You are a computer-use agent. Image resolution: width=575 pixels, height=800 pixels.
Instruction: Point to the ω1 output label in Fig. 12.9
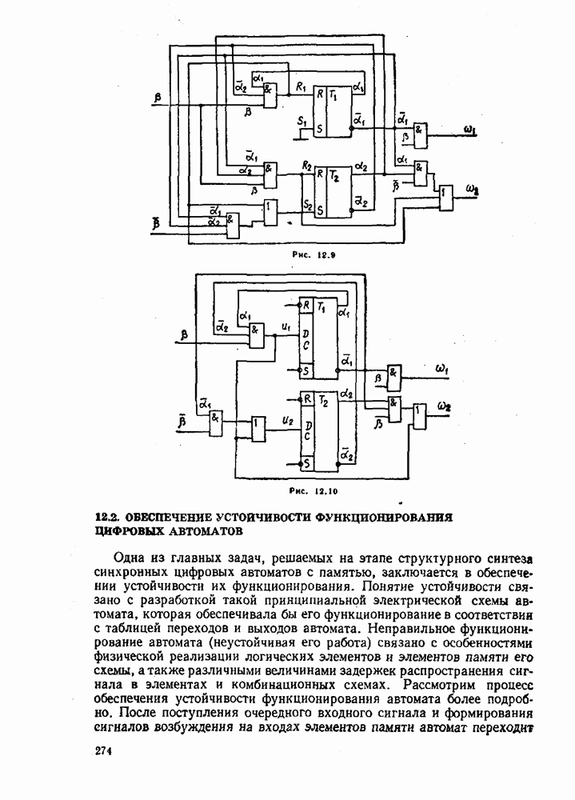pyautogui.click(x=470, y=129)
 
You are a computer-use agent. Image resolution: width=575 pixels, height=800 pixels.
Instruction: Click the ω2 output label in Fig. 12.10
pyautogui.click(x=446, y=406)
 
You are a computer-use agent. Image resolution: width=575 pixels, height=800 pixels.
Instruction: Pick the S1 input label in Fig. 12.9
pyautogui.click(x=301, y=121)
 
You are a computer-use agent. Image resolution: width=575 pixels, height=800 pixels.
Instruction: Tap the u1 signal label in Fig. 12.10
pyautogui.click(x=286, y=325)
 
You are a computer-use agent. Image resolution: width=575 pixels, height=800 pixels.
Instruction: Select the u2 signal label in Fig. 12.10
pyautogui.click(x=286, y=418)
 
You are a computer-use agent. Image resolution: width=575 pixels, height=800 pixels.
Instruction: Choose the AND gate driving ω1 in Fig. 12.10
pyautogui.click(x=393, y=374)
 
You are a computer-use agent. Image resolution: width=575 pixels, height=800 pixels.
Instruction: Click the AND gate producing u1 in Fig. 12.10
pyautogui.click(x=257, y=334)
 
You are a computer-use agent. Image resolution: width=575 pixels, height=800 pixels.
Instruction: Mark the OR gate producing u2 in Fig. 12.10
pyautogui.click(x=258, y=428)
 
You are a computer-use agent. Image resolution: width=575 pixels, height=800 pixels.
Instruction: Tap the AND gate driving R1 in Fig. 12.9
pyautogui.click(x=271, y=95)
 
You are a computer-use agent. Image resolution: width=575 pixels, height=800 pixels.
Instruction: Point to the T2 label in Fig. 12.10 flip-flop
pyautogui.click(x=324, y=399)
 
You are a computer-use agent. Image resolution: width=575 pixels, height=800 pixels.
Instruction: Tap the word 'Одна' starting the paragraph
pyautogui.click(x=131, y=558)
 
